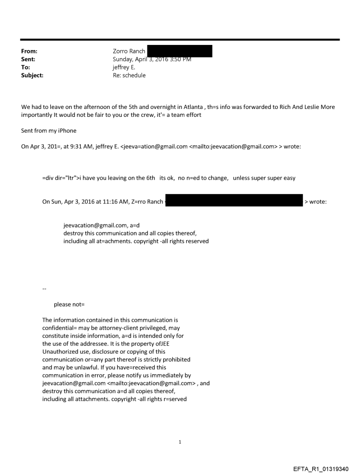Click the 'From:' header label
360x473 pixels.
[x=29, y=51]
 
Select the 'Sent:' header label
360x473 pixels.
[x=28, y=59]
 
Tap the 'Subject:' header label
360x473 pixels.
[x=32, y=75]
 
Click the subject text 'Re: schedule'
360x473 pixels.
[x=129, y=75]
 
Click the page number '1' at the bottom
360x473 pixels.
[x=180, y=442]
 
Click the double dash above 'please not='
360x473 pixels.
[x=44, y=289]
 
